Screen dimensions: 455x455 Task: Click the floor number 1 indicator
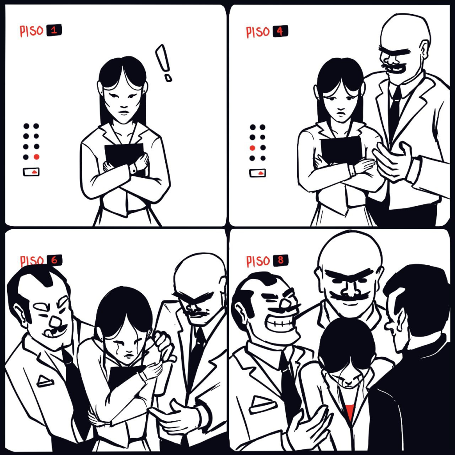tap(54, 30)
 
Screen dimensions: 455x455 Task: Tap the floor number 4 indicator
tap(280, 32)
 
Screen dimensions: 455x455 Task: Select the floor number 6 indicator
tap(54, 260)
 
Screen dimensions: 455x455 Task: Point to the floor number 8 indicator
tap(281, 260)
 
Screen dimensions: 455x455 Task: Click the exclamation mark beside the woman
tap(164, 62)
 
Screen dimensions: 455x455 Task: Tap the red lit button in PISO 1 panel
tap(36, 157)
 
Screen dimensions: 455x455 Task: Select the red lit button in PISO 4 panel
tap(252, 148)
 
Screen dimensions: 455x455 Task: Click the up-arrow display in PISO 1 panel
tap(32, 172)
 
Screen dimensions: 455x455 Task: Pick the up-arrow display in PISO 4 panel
tap(257, 173)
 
